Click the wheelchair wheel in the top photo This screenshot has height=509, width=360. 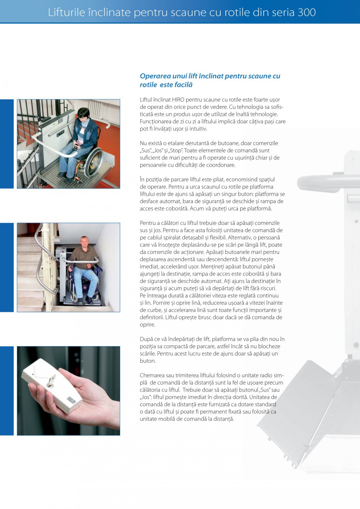(93, 160)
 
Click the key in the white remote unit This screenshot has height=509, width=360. (51, 380)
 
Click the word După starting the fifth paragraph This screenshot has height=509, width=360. (146, 339)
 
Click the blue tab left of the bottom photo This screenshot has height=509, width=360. (7, 390)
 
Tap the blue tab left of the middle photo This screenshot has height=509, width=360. (7, 267)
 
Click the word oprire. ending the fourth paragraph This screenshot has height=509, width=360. (148, 324)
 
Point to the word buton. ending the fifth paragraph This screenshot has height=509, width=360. (148, 361)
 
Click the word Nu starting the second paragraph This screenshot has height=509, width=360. (143, 143)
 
